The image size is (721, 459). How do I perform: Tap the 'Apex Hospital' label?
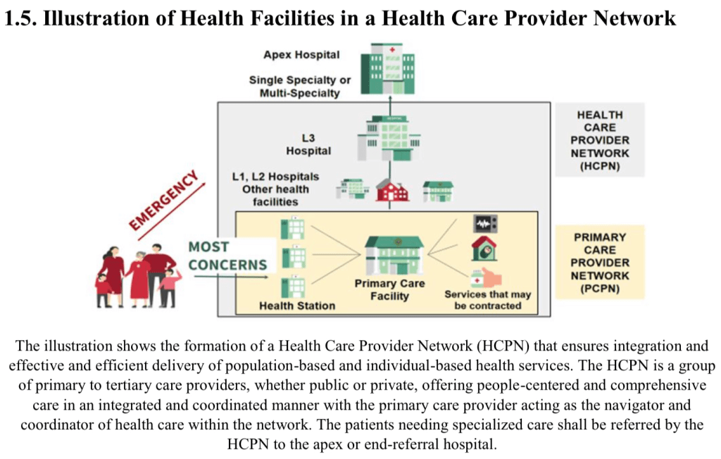coord(301,55)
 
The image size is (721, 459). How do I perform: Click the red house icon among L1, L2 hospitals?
coord(391,189)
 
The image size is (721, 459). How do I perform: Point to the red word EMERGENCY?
coord(164,200)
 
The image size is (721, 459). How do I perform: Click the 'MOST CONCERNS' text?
coord(227,256)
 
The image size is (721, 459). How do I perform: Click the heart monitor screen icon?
coord(485,224)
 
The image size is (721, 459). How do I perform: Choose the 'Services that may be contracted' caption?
coord(487,300)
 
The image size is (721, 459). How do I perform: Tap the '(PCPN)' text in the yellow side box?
coord(600,289)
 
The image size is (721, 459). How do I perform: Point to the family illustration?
coord(138,275)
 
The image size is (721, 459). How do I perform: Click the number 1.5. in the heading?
coord(20,19)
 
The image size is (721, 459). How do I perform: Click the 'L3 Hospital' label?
coord(308,145)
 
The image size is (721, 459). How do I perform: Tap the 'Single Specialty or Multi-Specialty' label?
coord(300,87)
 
